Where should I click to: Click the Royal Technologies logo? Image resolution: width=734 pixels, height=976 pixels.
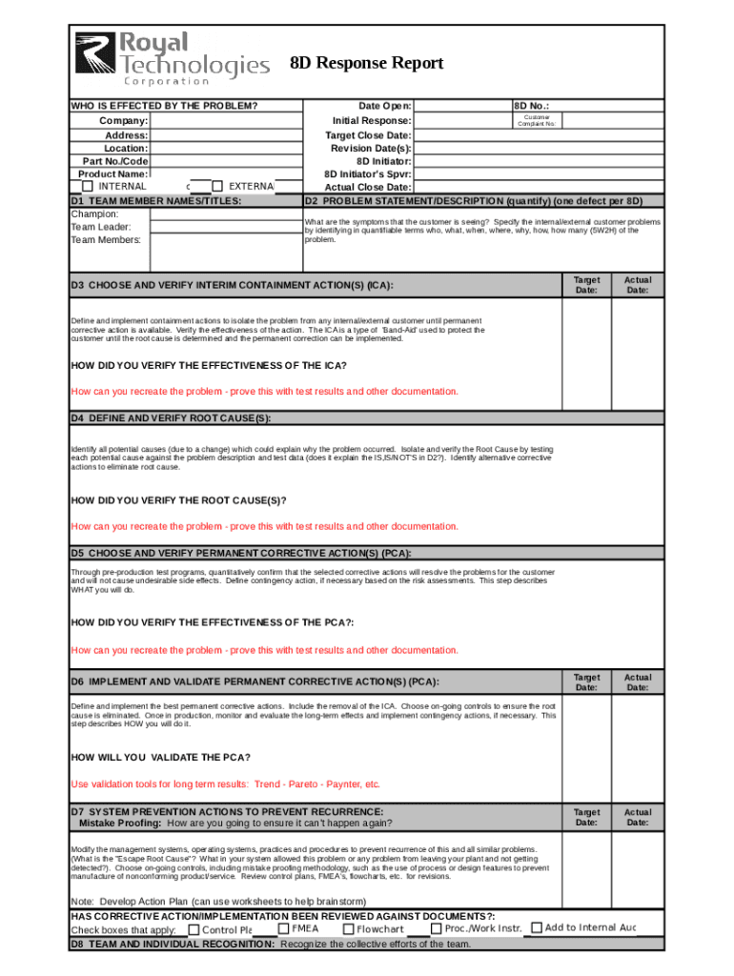[x=172, y=57]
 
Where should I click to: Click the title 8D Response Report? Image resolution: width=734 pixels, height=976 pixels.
[x=366, y=64]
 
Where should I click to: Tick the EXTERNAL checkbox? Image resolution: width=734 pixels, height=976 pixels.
[x=218, y=187]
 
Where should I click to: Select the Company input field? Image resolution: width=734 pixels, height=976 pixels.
[x=225, y=121]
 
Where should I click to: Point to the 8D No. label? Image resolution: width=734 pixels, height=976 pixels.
[x=531, y=106]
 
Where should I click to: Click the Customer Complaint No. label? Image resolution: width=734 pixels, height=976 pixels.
[x=537, y=121]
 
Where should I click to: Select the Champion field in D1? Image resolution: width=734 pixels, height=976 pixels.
[x=225, y=214]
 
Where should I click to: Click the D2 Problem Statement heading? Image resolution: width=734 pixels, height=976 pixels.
[x=473, y=201]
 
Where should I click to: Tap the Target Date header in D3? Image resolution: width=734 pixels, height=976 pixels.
[x=586, y=285]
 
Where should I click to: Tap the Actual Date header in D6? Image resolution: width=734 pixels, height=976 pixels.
[x=637, y=681]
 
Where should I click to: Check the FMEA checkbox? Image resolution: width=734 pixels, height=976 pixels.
[x=283, y=928]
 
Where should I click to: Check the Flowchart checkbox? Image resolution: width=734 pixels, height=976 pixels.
[x=348, y=929]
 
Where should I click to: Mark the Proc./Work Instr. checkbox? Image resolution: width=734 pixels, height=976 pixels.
[x=436, y=928]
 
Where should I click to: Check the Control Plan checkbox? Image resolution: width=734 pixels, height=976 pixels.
[x=194, y=930]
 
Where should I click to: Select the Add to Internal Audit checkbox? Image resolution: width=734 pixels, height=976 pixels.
[x=536, y=928]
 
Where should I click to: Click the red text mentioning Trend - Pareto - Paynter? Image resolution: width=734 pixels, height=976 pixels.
[x=226, y=784]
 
